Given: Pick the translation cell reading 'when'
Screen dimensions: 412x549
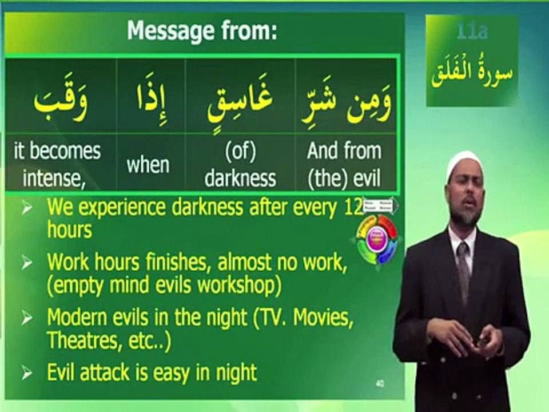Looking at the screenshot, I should pyautogui.click(x=148, y=165).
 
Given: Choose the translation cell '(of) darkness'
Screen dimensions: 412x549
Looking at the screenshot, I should pyautogui.click(x=240, y=165).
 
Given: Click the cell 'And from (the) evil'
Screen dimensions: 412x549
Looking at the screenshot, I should pyautogui.click(x=344, y=165).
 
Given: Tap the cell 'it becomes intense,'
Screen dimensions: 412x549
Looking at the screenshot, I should pyautogui.click(x=57, y=165).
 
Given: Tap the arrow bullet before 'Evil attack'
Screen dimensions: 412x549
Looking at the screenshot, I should pyautogui.click(x=27, y=374).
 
